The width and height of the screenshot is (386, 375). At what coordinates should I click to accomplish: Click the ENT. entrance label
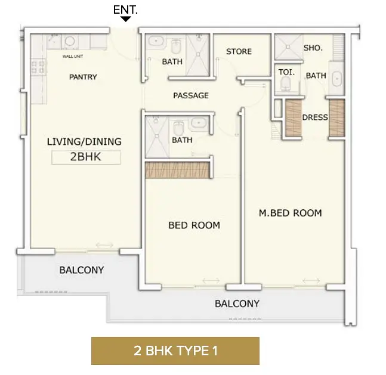click(125, 10)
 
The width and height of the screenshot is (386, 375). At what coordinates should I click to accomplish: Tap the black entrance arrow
click(126, 19)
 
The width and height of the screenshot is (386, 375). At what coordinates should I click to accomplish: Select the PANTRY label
click(83, 77)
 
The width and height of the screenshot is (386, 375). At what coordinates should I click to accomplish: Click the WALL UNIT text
click(73, 57)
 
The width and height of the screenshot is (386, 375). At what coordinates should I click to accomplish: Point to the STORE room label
click(239, 51)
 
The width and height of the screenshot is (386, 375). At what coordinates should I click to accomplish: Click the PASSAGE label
click(191, 95)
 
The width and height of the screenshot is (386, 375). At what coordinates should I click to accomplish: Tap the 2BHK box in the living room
click(86, 157)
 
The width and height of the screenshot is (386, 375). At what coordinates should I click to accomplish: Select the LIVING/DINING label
click(84, 142)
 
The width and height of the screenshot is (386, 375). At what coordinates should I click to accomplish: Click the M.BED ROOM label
click(290, 213)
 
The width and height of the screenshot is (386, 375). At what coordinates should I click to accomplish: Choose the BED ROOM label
click(194, 225)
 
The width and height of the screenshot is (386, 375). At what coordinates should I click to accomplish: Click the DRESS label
click(315, 117)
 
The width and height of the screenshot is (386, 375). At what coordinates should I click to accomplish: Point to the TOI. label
click(286, 72)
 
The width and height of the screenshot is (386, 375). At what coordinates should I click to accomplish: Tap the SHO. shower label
click(313, 48)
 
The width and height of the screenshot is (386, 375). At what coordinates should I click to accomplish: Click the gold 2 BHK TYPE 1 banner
click(175, 351)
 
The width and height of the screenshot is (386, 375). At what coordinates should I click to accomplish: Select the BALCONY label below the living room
click(82, 270)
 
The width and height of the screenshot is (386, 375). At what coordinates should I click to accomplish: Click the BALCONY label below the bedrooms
click(237, 303)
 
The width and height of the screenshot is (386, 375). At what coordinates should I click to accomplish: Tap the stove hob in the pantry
click(38, 67)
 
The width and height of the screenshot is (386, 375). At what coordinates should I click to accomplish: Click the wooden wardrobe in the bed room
click(178, 170)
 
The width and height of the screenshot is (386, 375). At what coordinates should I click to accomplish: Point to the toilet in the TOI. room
click(286, 83)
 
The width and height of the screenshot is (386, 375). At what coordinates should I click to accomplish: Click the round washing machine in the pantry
click(70, 41)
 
